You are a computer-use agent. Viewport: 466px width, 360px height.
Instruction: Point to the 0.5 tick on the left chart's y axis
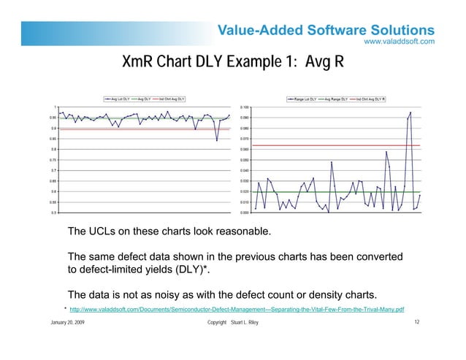(x=54, y=212)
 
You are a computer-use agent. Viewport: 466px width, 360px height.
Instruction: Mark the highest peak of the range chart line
(x=410, y=112)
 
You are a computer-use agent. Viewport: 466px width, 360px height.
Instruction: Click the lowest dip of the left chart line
(x=217, y=140)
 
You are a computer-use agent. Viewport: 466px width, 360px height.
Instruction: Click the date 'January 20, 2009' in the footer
(x=66, y=322)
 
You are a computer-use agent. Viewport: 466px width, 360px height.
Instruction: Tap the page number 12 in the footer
(x=416, y=322)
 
